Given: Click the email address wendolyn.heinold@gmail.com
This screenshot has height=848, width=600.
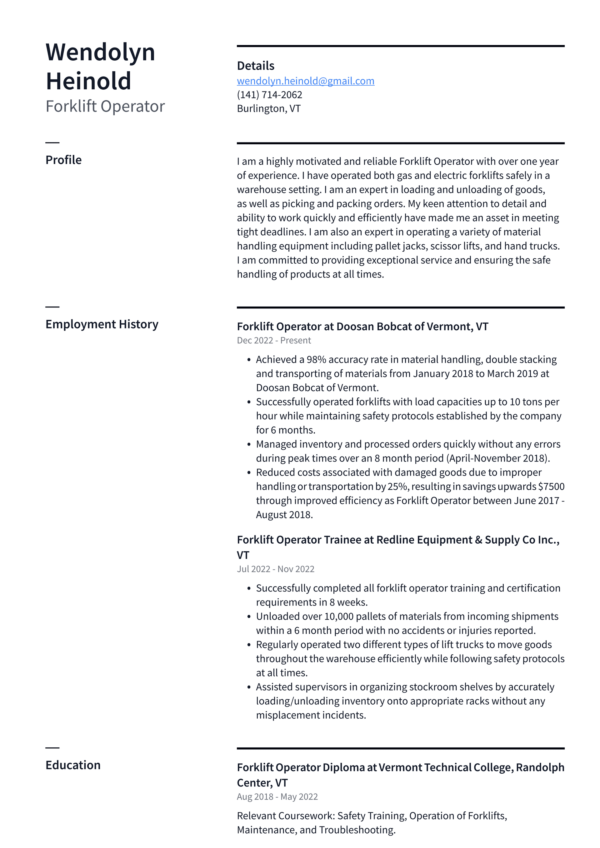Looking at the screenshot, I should coord(306,81).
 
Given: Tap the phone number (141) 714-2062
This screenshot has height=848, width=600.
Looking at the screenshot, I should coord(269,95).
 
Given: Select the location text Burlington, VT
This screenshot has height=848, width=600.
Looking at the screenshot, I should coord(269,109).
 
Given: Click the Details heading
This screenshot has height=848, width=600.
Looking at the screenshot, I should coord(255,66).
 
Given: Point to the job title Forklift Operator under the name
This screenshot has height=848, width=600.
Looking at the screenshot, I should coord(105,106).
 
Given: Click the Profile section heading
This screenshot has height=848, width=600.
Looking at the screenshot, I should coord(63,160).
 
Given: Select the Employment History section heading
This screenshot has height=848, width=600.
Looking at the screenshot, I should coord(102,324).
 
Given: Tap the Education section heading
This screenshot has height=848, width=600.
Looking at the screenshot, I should coord(73,765).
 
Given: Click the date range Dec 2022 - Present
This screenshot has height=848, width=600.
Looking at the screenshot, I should coord(274,340).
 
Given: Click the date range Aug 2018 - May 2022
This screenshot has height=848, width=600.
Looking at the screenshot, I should coord(277,797).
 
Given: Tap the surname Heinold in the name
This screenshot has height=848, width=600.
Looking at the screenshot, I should coord(88,81).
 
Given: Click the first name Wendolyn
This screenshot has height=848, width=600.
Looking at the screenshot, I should coord(100,52).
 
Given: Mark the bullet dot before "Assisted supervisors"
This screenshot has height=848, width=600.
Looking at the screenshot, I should coord(249,687).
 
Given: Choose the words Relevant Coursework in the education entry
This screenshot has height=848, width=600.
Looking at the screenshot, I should coord(286,816).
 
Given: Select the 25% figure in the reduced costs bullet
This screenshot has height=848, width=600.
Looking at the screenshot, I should coord(397,486).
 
